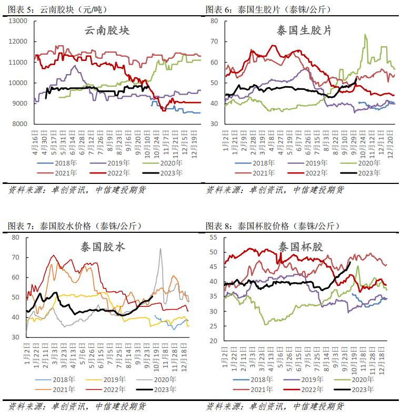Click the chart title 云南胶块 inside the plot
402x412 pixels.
point(107,30)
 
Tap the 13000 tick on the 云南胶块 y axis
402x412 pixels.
point(18,21)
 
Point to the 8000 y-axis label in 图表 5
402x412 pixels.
point(20,124)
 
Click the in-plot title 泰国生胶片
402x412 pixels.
point(304,30)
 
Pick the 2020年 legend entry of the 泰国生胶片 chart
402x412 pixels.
point(360,163)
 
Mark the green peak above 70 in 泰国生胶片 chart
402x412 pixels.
point(365,35)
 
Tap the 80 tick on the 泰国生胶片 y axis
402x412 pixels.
point(214,21)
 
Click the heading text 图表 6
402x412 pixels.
point(217,9)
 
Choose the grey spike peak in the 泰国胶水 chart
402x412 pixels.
point(160,249)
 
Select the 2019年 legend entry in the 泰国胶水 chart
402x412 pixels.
point(105,379)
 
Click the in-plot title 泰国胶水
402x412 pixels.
point(103,247)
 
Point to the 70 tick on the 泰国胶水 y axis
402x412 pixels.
point(16,257)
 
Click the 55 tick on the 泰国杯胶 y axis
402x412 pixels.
point(214,238)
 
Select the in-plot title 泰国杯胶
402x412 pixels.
point(301,247)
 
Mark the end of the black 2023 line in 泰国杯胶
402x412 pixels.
point(350,262)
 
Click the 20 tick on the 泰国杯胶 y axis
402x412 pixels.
point(214,341)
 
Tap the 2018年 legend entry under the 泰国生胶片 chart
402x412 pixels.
point(255,163)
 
